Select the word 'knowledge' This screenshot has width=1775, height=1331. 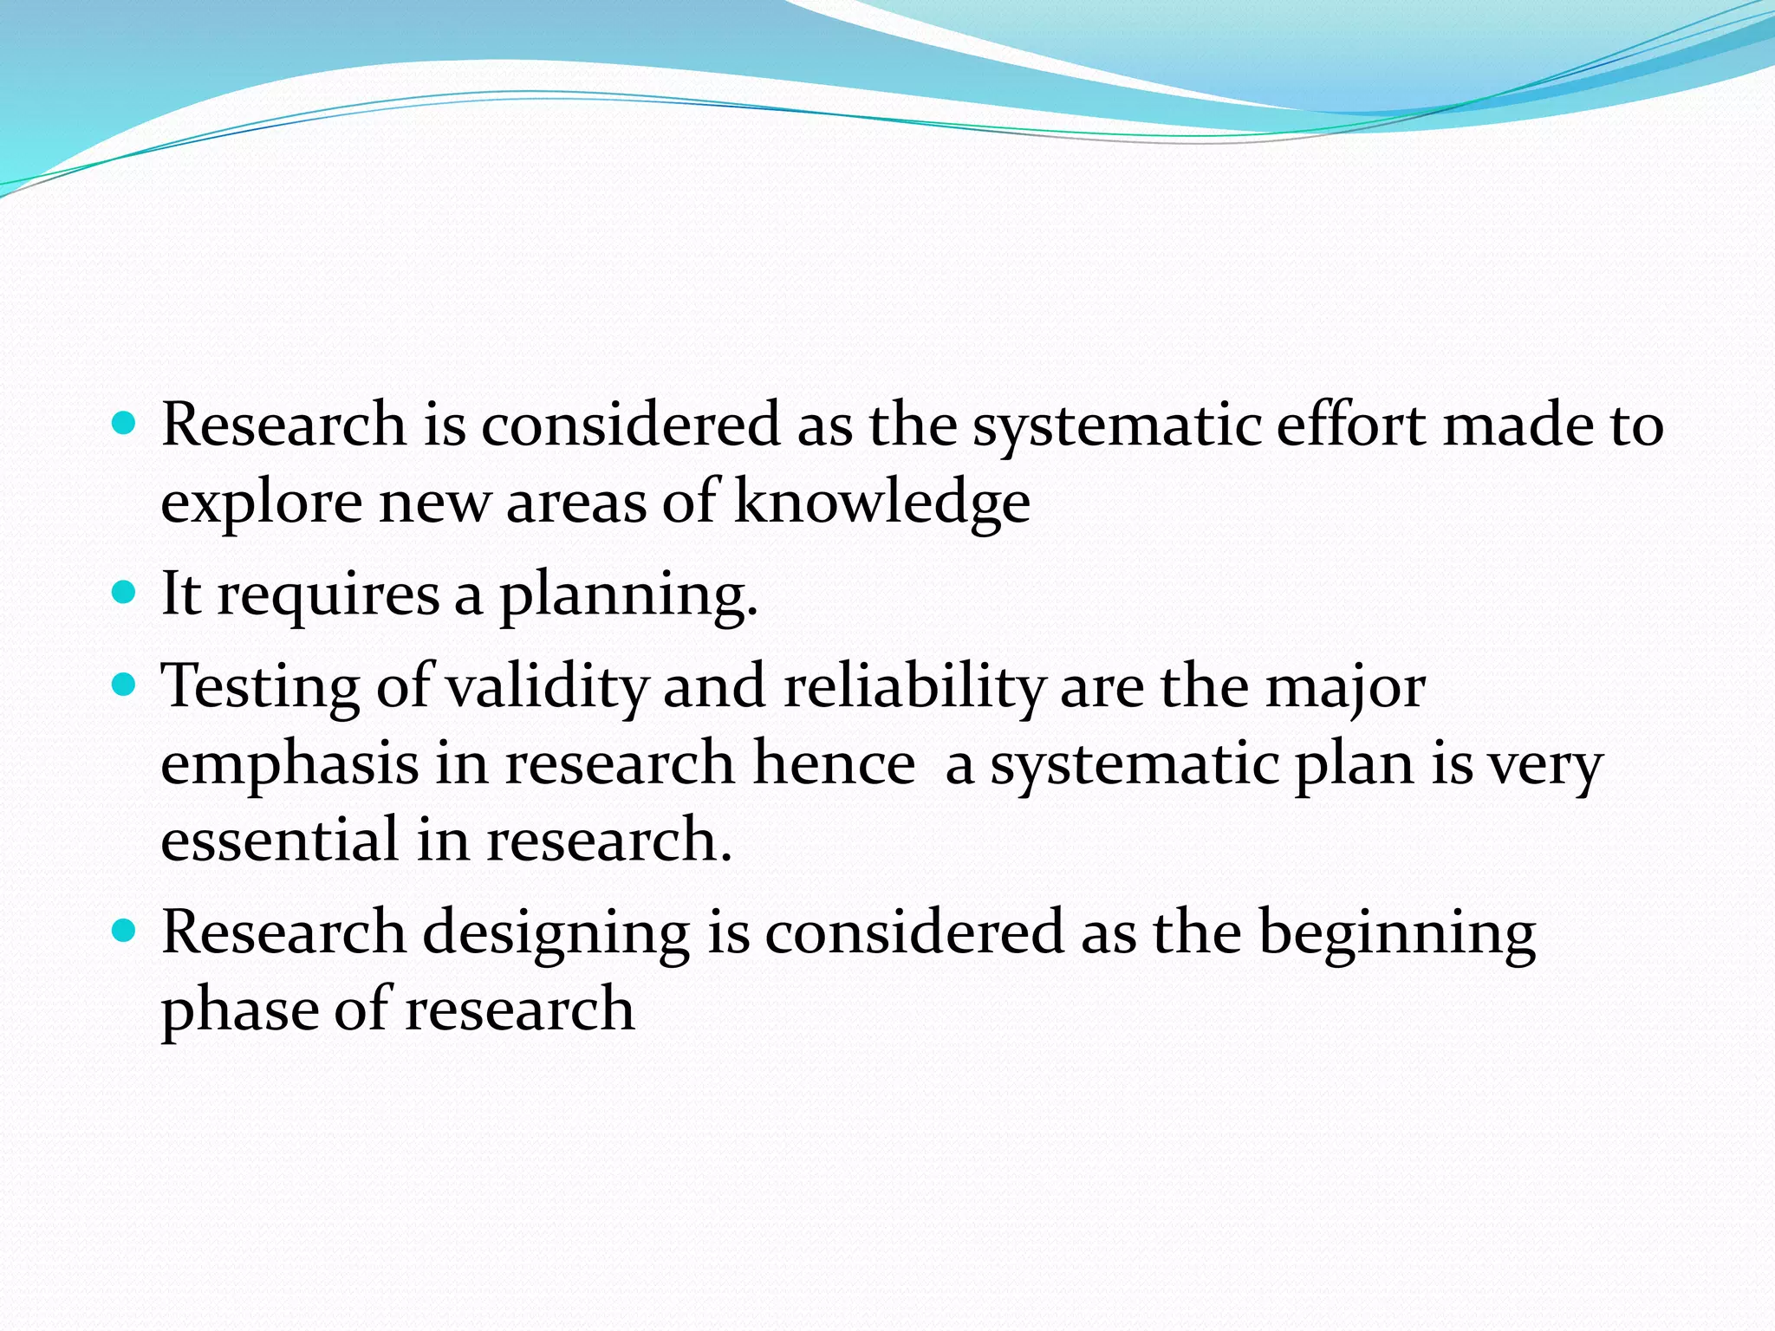(881, 503)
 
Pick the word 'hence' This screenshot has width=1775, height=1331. (834, 764)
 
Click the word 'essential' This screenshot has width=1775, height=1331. (280, 840)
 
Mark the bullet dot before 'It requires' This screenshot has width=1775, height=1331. (125, 593)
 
